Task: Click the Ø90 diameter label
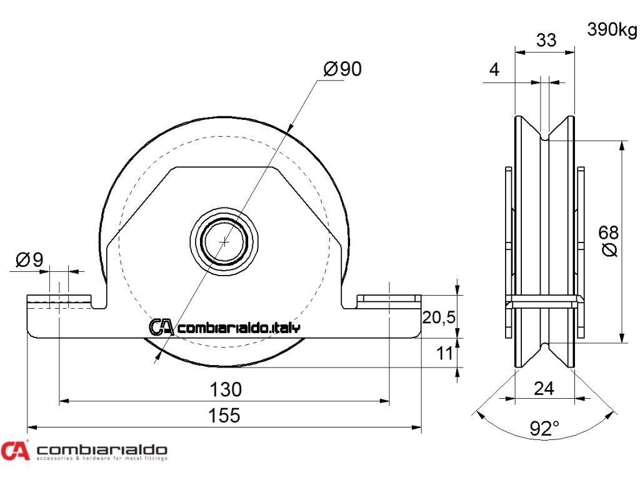pyautogui.click(x=342, y=69)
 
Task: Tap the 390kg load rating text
pyautogui.click(x=612, y=29)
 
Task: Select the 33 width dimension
pyautogui.click(x=546, y=40)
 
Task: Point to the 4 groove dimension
pyautogui.click(x=494, y=69)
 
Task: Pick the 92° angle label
pyautogui.click(x=544, y=428)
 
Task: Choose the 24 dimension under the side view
pyautogui.click(x=544, y=388)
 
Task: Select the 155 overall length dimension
pyautogui.click(x=224, y=415)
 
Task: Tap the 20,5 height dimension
pyautogui.click(x=438, y=317)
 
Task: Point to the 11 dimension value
pyautogui.click(x=444, y=353)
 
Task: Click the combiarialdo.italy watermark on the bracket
pyautogui.click(x=225, y=327)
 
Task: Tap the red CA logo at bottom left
pyautogui.click(x=15, y=451)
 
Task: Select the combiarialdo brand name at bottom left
pyautogui.click(x=102, y=450)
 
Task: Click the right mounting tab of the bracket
pyautogui.click(x=387, y=301)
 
